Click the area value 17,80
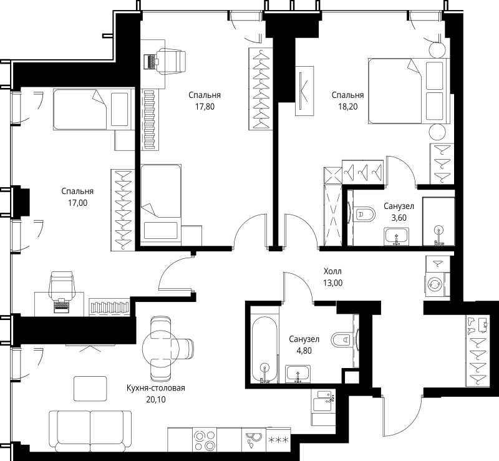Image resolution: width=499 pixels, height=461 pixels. [205, 107]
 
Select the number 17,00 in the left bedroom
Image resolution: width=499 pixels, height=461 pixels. [78, 203]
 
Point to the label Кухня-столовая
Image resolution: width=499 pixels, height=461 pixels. [156, 388]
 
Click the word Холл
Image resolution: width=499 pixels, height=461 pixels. [332, 271]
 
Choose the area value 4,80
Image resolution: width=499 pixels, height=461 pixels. [304, 351]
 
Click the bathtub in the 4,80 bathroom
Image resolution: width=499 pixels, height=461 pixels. [264, 349]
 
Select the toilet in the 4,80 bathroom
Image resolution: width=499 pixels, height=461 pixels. [342, 340]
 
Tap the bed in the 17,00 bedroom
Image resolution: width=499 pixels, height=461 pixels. [93, 110]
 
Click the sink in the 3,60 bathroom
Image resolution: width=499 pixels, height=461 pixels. [395, 236]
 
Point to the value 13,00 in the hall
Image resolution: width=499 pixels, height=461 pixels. [332, 283]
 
